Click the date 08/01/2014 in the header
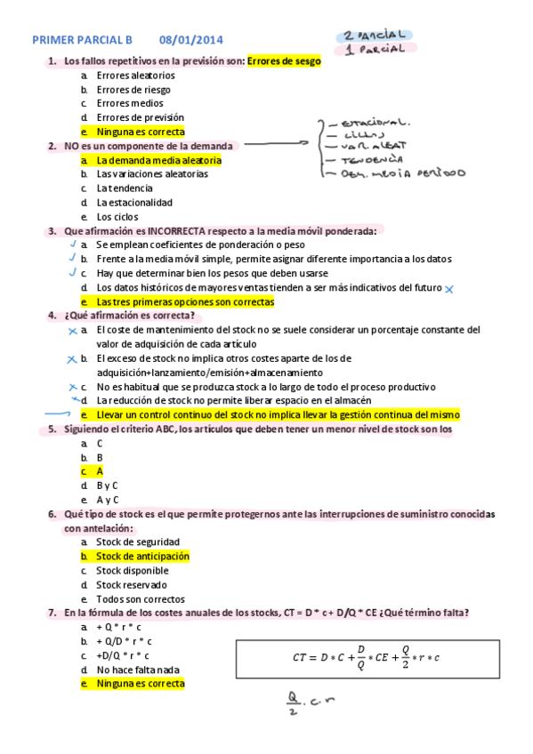pos(191,40)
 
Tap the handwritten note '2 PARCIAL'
pos(372,36)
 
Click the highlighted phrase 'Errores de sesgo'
pos(284,61)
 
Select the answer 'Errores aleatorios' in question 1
pos(135,76)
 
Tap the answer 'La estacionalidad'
pos(134,203)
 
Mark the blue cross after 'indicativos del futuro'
pos(449,289)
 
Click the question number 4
pos(52,316)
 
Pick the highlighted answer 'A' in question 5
pos(100,471)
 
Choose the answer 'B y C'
pos(107,485)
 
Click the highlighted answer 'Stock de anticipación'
pos(142,556)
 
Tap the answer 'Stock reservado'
pos(133,585)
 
